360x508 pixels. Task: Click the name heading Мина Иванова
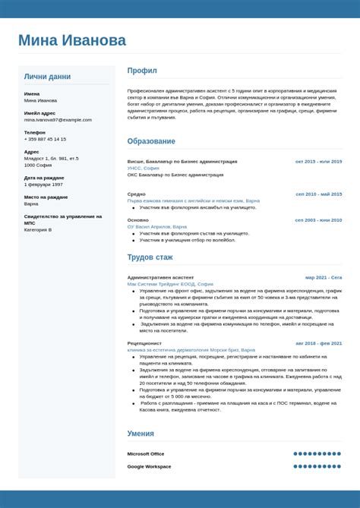[x=72, y=40]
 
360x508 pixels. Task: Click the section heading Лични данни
[x=47, y=77]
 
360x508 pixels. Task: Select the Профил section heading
[x=142, y=71]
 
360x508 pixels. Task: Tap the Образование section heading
[x=151, y=141]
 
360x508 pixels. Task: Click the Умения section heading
[x=141, y=434]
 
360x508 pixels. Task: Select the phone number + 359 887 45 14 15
[x=45, y=139]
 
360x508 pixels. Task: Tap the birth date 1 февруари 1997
[x=43, y=185]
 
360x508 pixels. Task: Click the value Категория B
[x=38, y=229]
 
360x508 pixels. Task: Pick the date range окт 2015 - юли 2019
[x=318, y=162]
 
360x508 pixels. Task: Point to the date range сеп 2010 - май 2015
[x=319, y=194]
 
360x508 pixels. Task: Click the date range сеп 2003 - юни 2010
[x=318, y=220]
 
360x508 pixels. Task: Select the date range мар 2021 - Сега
[x=324, y=278]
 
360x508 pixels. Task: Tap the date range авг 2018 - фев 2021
[x=318, y=343]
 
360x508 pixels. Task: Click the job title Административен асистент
[x=160, y=278]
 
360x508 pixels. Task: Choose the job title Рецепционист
[x=144, y=343]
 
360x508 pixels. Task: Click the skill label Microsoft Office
[x=146, y=454]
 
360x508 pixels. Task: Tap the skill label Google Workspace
[x=149, y=466]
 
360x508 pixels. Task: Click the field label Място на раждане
[x=46, y=197]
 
